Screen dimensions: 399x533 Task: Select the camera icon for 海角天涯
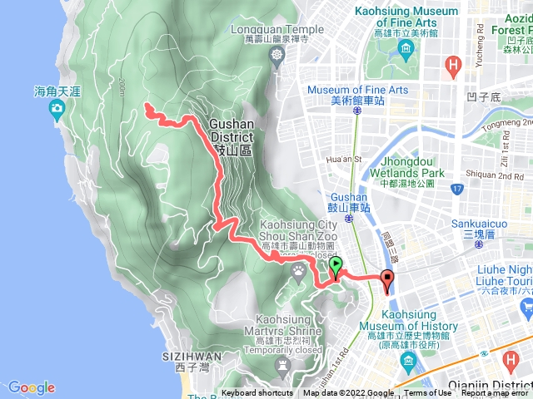pyautogui.click(x=57, y=109)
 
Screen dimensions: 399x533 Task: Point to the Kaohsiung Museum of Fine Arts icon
pyautogui.click(x=406, y=52)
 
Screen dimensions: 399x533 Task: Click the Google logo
pyautogui.click(x=32, y=387)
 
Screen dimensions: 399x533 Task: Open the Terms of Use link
pyautogui.click(x=428, y=393)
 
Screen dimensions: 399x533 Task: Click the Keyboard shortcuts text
pyautogui.click(x=257, y=393)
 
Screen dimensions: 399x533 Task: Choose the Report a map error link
pyautogui.click(x=496, y=393)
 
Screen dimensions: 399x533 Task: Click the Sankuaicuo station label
pyautogui.click(x=480, y=224)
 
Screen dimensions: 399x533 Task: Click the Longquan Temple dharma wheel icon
pyautogui.click(x=276, y=56)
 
